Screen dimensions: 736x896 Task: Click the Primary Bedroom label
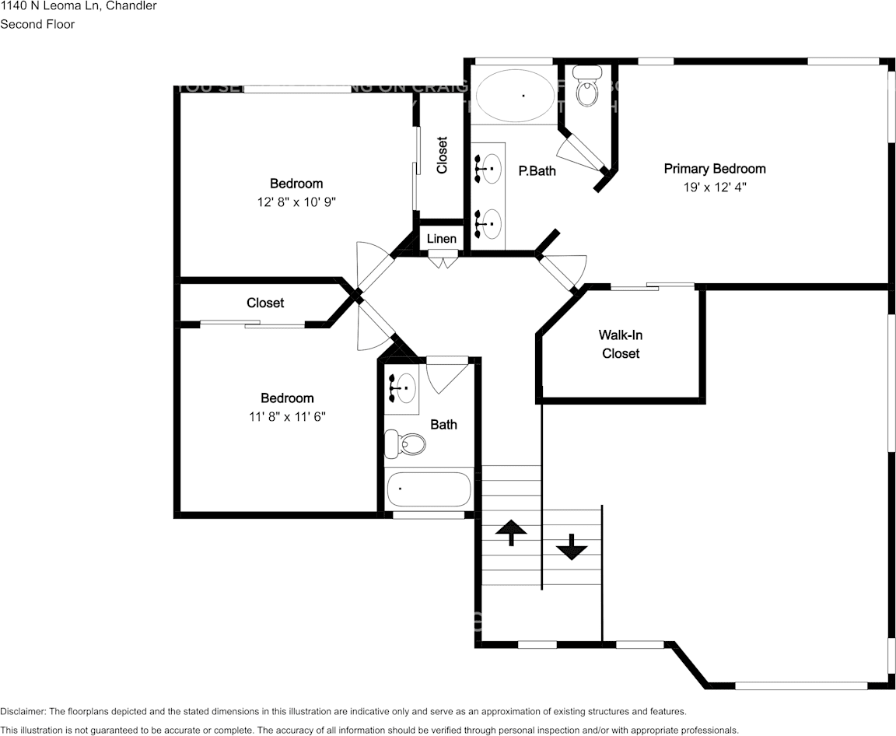point(714,169)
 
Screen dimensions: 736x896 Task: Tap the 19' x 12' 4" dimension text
point(714,188)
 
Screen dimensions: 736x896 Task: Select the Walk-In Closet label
point(620,344)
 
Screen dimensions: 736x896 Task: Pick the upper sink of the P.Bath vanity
point(490,168)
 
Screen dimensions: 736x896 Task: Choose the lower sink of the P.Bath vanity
point(490,224)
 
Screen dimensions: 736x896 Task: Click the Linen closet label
point(442,239)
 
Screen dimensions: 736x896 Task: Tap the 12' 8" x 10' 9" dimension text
point(296,202)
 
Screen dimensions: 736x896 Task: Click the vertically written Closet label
point(442,155)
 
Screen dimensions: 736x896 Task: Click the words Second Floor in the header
point(37,24)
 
